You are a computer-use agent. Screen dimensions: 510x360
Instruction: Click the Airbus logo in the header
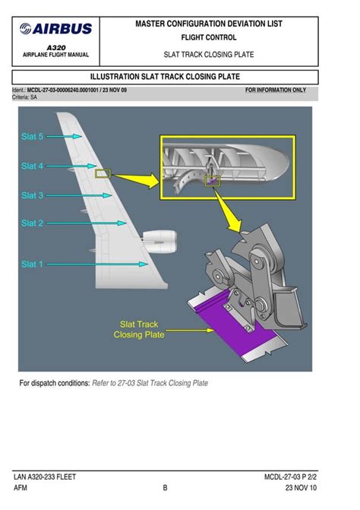(x=56, y=30)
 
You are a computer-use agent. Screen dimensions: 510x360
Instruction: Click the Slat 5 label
(x=32, y=137)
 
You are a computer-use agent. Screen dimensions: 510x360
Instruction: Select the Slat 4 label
(x=32, y=166)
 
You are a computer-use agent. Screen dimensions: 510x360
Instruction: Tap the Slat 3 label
(x=32, y=195)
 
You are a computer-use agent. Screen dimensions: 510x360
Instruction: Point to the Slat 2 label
(x=32, y=223)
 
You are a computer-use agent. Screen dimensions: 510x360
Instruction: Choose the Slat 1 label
(x=32, y=265)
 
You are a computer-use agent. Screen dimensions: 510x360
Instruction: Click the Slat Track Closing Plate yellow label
(x=139, y=329)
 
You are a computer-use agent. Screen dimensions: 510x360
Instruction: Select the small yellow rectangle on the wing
(x=103, y=173)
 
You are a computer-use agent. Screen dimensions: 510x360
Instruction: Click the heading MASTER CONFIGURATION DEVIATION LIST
(x=209, y=24)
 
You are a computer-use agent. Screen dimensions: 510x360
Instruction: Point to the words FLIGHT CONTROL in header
(x=209, y=36)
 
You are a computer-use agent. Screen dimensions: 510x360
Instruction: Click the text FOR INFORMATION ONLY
(x=276, y=90)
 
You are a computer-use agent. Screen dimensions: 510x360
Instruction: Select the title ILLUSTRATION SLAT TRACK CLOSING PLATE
(x=165, y=77)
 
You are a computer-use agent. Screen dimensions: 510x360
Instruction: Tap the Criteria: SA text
(x=26, y=97)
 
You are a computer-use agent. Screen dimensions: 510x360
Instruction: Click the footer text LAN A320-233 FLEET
(x=45, y=477)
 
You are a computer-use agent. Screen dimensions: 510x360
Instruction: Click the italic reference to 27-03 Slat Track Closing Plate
(x=150, y=383)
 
